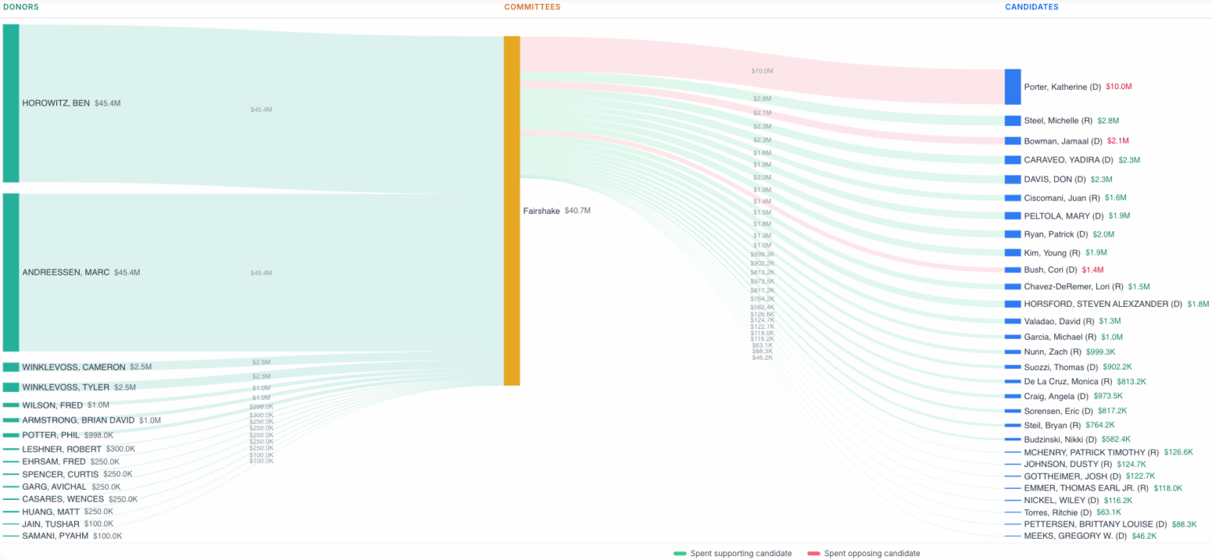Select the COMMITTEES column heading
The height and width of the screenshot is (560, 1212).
532,7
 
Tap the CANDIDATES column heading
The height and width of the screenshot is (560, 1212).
1031,7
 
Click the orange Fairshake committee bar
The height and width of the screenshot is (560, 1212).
511,211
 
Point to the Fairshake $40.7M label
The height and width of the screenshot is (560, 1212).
556,211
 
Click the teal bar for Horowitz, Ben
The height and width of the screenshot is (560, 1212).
10,103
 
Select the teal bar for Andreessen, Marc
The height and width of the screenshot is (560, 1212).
10,272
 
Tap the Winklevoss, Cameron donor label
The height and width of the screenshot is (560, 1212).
73,367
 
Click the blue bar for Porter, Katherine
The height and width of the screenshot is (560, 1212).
1012,87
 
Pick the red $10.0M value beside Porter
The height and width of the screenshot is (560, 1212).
1118,87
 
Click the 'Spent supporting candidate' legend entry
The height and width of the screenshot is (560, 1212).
740,554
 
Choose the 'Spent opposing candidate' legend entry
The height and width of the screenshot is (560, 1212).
871,554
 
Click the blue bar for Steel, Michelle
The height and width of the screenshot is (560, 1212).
1012,121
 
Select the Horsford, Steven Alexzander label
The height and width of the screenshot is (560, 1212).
1102,304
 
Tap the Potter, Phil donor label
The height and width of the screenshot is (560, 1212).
51,435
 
